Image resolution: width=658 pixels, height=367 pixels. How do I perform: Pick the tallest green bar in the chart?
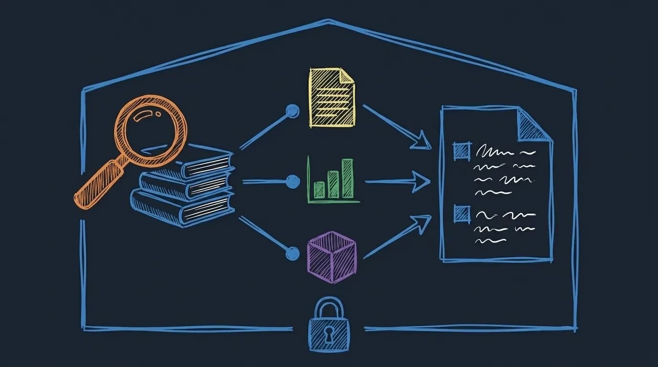[x=348, y=178]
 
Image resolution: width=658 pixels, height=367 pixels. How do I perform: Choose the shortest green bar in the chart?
[x=319, y=190]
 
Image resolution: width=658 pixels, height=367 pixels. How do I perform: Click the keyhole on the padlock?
[x=329, y=336]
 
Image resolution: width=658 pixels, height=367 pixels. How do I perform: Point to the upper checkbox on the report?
[x=462, y=151]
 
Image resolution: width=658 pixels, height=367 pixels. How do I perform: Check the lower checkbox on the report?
[x=462, y=213]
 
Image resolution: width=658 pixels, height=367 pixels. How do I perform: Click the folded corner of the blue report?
[x=533, y=126]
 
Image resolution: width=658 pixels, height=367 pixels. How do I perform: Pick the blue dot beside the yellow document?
[x=292, y=111]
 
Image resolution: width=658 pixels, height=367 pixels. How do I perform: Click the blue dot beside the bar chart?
[x=292, y=182]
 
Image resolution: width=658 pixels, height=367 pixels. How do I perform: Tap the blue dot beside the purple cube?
[x=292, y=253]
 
